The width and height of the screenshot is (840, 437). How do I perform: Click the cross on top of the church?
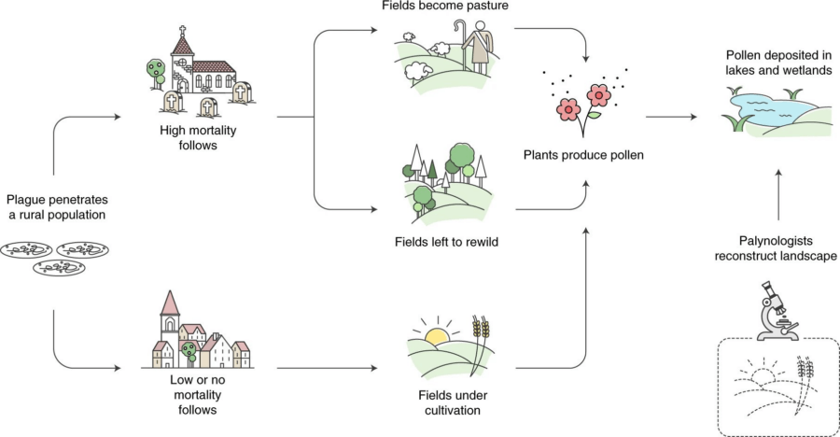coord(183,28)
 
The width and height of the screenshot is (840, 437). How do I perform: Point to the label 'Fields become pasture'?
coord(444,7)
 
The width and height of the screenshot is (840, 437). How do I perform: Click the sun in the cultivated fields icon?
coord(436,335)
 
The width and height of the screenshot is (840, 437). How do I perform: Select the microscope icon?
coord(776,311)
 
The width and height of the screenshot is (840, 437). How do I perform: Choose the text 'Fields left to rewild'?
coord(444,242)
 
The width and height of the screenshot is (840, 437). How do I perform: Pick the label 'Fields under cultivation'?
coord(444,402)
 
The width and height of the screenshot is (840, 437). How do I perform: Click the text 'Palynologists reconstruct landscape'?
coord(776,247)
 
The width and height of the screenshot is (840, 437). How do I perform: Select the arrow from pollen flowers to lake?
coord(672,118)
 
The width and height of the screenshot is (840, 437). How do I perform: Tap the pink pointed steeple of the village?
coord(169,304)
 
